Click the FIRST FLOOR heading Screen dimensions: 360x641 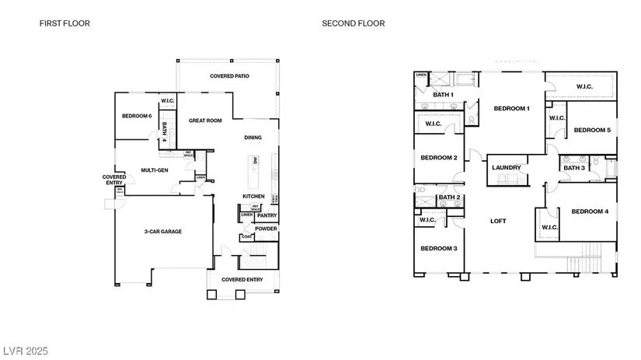(x=64, y=23)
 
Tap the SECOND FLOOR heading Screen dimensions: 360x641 (x=353, y=23)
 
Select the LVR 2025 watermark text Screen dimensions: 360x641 (x=25, y=351)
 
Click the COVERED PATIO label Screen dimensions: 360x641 (x=228, y=76)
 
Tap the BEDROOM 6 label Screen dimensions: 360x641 (x=137, y=117)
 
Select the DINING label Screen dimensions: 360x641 (x=253, y=138)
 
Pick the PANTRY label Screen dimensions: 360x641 (x=267, y=215)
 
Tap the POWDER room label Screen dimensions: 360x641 (x=266, y=229)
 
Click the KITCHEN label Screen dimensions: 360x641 (x=254, y=196)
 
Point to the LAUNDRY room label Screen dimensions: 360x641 (x=506, y=166)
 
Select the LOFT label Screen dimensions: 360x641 (x=498, y=221)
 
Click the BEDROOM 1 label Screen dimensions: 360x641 (x=511, y=108)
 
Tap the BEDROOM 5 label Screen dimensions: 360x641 (x=592, y=130)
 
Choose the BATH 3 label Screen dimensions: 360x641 (x=574, y=168)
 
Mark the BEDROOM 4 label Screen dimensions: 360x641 (x=590, y=211)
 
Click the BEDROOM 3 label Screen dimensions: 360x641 (x=438, y=249)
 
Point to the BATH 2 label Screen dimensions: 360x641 (x=450, y=197)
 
